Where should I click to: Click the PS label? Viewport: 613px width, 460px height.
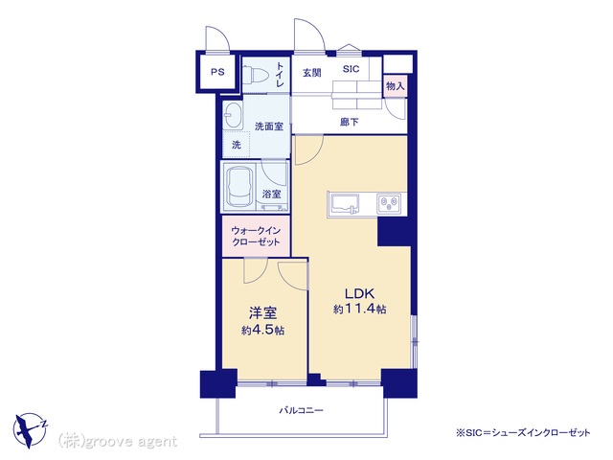coord(217,72)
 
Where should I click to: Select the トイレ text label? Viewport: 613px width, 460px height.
coord(280,75)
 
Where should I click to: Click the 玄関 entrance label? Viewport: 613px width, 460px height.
coord(312,73)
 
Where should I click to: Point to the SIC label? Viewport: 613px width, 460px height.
coord(351,69)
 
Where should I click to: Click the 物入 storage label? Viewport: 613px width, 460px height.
coord(396,86)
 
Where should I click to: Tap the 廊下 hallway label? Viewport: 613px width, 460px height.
coord(349,122)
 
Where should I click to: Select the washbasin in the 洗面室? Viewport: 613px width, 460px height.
coord(233,115)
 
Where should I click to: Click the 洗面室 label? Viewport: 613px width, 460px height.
coord(269,126)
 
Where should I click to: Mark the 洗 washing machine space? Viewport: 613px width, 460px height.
coord(237,145)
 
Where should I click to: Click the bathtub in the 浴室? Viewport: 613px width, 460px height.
coord(238,187)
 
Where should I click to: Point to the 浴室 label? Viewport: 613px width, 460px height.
coord(271,194)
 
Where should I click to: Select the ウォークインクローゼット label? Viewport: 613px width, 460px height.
coord(256,236)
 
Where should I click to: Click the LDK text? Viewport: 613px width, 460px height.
coord(359,293)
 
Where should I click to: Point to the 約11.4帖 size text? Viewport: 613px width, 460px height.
coord(360,310)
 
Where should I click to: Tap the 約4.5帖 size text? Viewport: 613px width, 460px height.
coord(262,331)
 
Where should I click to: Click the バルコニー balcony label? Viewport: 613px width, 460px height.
coord(301,410)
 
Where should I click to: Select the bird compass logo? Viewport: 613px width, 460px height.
coord(30,429)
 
